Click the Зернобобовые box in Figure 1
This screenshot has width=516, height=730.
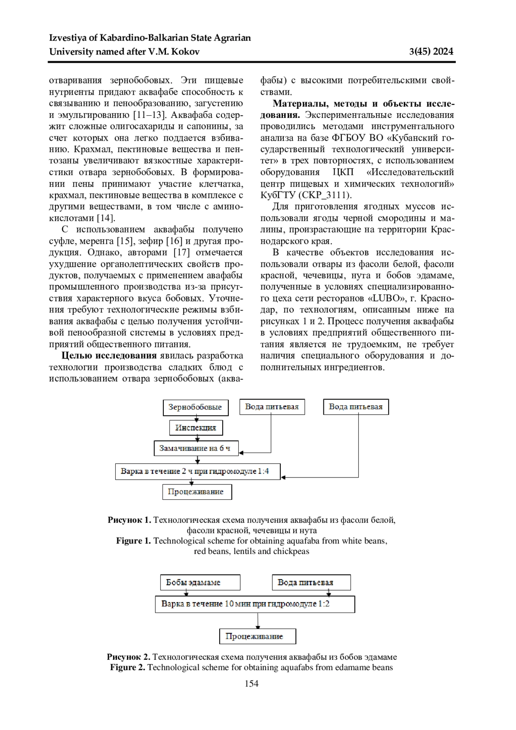[x=195, y=407]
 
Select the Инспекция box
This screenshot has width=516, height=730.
[x=196, y=428]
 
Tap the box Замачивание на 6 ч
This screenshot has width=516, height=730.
[x=195, y=448]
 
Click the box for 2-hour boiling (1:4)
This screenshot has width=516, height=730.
[x=197, y=471]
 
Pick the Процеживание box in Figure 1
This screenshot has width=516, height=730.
[x=197, y=492]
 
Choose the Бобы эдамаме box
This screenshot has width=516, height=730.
[x=200, y=582]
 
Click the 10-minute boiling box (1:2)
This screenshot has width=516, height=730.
[x=255, y=604]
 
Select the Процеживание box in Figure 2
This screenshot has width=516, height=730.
[x=258, y=636]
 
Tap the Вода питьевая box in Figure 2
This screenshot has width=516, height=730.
[x=311, y=582]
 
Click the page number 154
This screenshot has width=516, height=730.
[x=252, y=684]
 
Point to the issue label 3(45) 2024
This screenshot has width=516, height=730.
[x=431, y=52]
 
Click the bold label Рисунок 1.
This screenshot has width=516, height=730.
[x=129, y=520]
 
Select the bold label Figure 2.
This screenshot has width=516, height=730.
[x=127, y=668]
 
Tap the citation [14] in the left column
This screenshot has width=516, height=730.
[x=106, y=218]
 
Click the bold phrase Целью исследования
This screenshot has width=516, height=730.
[x=109, y=355]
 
